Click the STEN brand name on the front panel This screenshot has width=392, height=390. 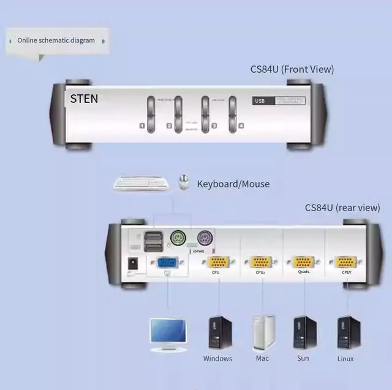(x=84, y=99)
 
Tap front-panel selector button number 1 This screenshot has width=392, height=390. (x=151, y=114)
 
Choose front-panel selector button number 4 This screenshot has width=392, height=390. (x=233, y=114)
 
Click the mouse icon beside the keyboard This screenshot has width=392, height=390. (x=183, y=182)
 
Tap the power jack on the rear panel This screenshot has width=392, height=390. (x=130, y=264)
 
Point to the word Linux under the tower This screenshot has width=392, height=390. (x=345, y=359)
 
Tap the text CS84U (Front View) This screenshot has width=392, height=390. (x=292, y=69)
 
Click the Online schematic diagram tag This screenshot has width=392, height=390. (x=56, y=40)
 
